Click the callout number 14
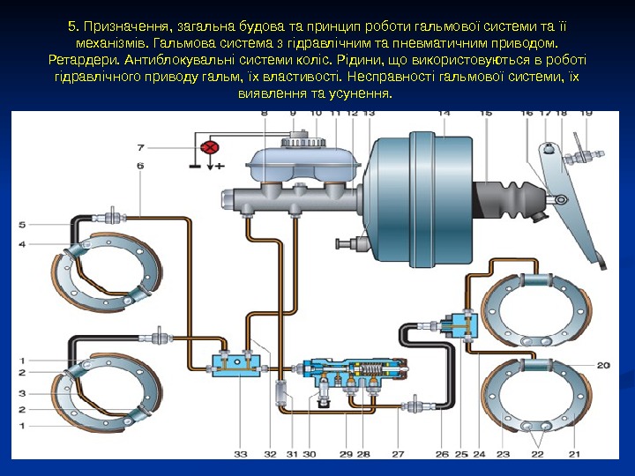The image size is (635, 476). pos(444,114)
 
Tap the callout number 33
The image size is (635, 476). pos(241,454)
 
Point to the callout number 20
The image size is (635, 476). pos(603,365)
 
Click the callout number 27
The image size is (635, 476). pos(398,454)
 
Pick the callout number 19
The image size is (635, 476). pos(586,114)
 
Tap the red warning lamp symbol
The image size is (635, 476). pos(210,147)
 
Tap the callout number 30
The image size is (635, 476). pos(310,454)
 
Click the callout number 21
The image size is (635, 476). pos(575,454)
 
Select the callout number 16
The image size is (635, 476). pos(527,114)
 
